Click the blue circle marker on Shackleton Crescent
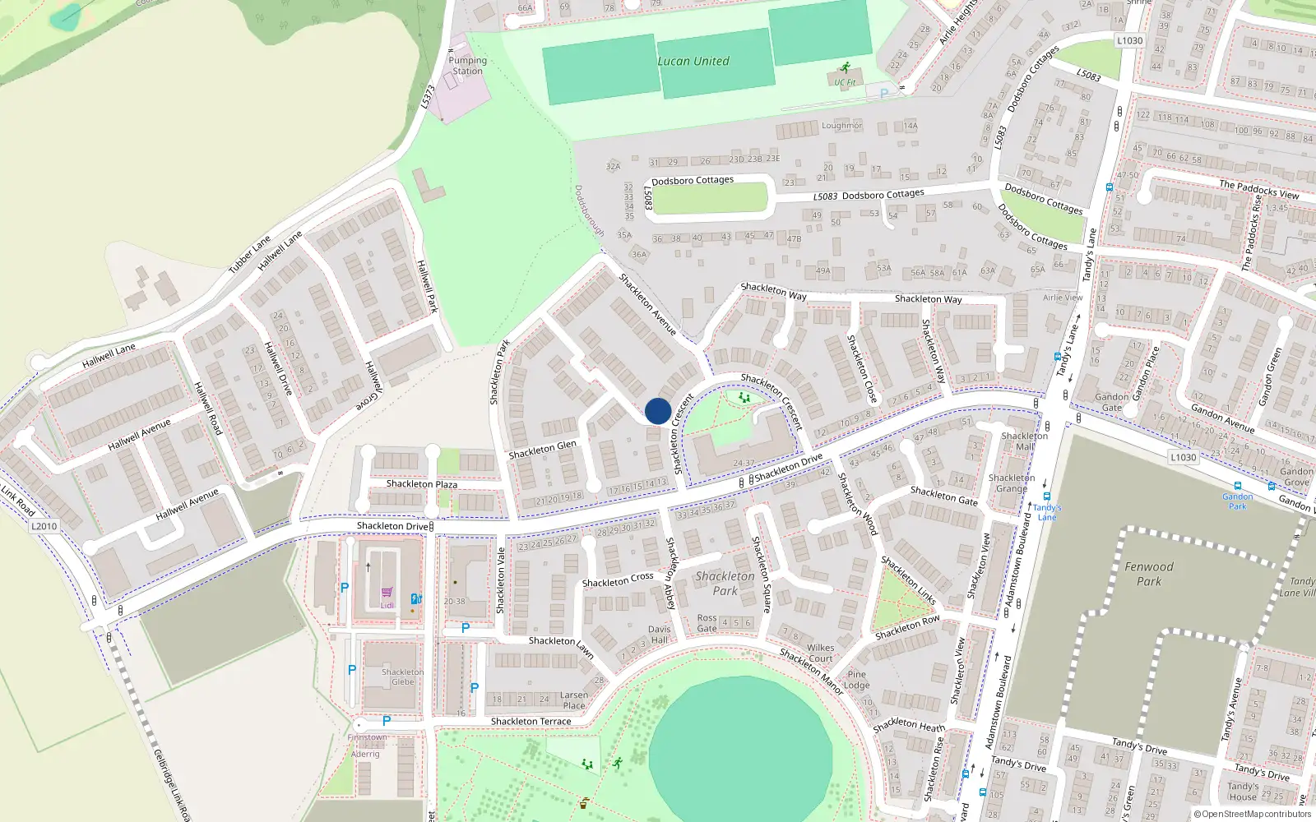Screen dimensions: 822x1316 point(658,411)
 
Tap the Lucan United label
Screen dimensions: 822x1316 point(693,62)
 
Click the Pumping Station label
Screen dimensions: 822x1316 point(467,66)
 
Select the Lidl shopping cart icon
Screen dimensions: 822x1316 point(387,592)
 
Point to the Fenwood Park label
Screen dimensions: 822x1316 point(1149,574)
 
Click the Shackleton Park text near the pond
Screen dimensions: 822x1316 point(725,583)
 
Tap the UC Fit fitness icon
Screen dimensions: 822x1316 point(845,69)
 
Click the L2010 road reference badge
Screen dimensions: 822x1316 point(44,526)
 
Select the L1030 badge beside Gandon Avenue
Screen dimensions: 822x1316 point(1183,457)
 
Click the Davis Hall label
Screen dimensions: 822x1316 point(659,635)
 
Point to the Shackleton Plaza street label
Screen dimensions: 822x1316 point(422,484)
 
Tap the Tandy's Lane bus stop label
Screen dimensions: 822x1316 point(1046,512)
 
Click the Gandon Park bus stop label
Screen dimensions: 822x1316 point(1237,501)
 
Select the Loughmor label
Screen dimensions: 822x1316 point(841,126)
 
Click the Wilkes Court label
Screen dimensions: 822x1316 point(820,653)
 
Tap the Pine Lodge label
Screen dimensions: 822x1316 point(856,679)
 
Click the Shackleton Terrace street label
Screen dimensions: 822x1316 point(531,722)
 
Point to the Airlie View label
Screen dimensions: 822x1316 point(1063,298)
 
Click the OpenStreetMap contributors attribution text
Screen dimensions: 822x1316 point(1256,815)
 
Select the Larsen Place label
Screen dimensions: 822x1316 point(574,700)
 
